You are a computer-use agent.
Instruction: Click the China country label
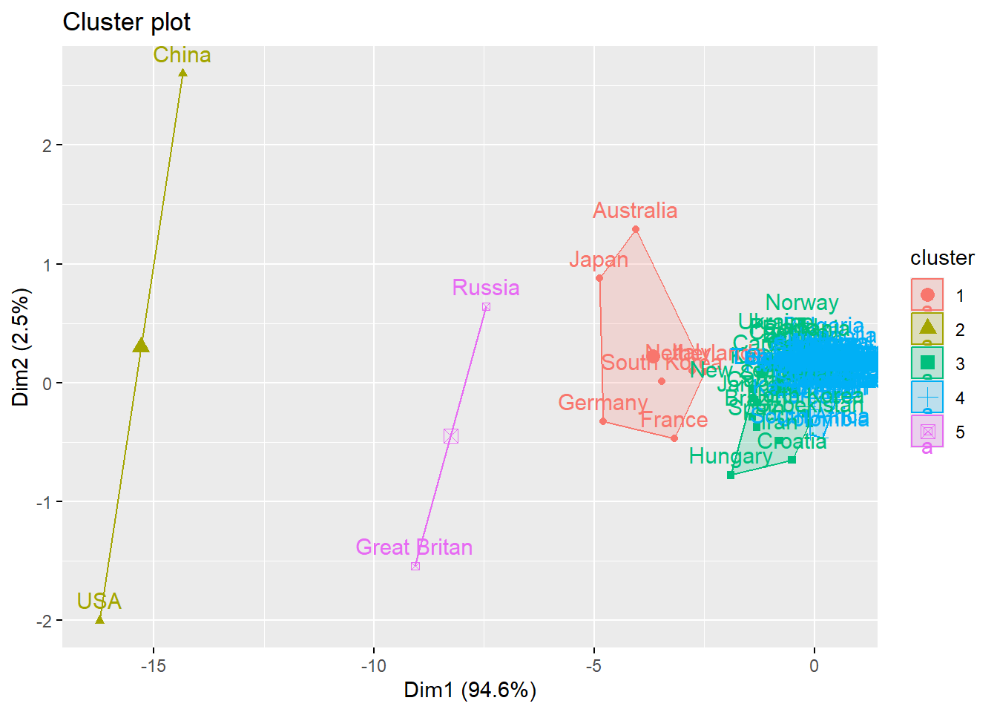182,56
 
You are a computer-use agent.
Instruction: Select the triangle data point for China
182,73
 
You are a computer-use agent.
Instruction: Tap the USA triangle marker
100,619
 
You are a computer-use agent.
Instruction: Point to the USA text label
99,601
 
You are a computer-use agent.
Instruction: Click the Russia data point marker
486,307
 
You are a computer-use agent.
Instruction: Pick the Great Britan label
414,547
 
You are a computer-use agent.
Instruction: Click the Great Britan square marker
415,566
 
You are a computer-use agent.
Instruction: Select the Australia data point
636,229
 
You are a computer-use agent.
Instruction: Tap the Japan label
599,260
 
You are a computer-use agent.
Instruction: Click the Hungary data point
731,475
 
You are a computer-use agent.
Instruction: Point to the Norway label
802,303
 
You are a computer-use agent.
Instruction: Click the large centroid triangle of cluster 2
141,346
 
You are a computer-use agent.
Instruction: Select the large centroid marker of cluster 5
451,436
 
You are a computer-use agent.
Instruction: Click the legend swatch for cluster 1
927,295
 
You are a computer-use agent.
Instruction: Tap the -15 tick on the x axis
154,665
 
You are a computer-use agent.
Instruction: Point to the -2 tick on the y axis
47,621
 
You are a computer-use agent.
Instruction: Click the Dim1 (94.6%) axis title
470,690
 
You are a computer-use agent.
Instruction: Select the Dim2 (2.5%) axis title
21,347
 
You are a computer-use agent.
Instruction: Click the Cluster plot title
126,22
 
